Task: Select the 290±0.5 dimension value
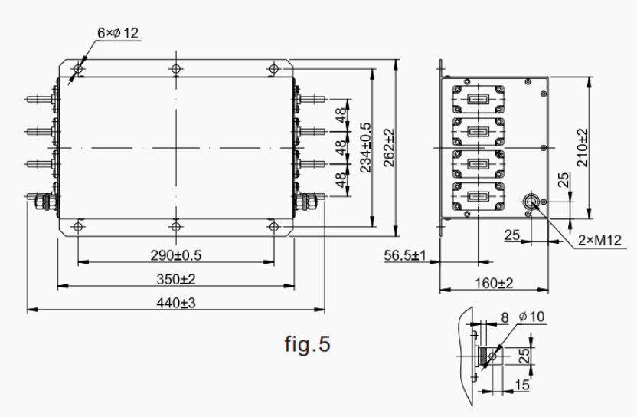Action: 175,254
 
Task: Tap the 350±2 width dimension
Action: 175,279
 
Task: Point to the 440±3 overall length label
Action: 176,303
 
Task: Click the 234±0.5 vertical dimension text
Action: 366,147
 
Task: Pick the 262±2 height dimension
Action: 389,149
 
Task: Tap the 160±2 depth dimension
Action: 494,284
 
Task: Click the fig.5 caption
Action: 308,344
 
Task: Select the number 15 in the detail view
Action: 521,384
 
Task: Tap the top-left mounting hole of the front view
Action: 78,70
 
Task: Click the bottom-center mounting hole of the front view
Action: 175,226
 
